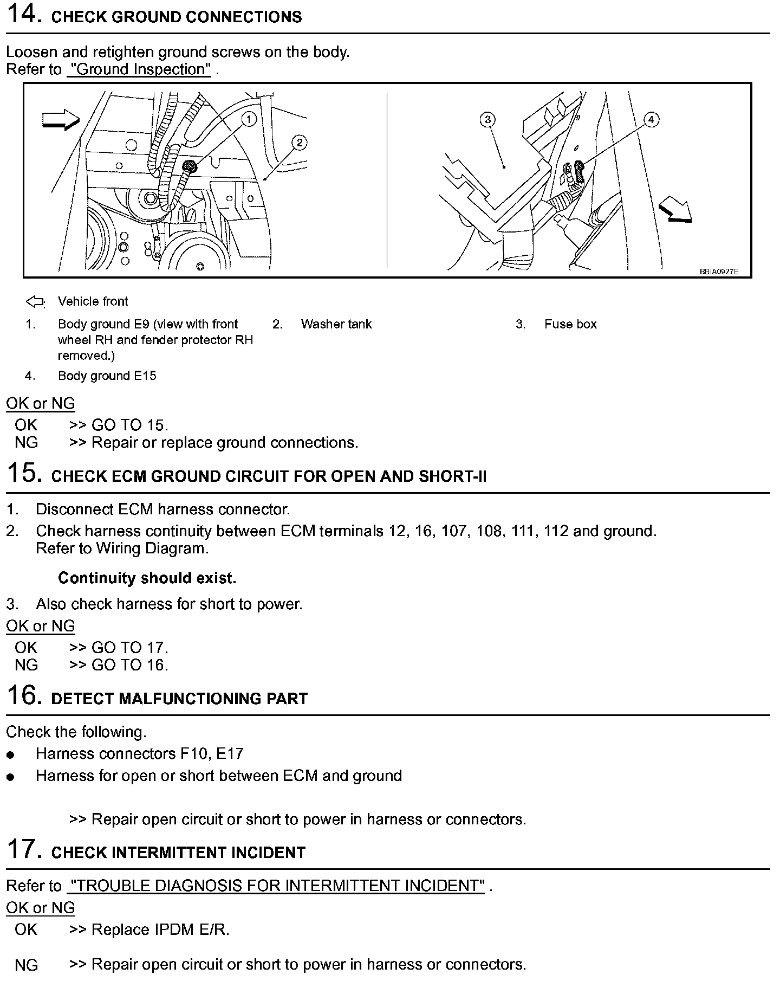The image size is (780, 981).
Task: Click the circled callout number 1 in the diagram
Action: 249,119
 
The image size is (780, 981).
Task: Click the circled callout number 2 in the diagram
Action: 299,143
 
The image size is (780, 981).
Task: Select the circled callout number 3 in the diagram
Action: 487,119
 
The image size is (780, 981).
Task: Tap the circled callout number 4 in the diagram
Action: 651,119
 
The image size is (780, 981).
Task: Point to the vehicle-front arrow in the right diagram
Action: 675,211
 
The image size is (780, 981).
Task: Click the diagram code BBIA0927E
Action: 719,272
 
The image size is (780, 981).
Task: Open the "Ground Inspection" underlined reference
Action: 139,70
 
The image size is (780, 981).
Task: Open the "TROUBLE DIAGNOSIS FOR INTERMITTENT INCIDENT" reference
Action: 276,886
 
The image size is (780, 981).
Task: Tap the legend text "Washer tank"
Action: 336,324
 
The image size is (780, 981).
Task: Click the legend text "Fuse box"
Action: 570,324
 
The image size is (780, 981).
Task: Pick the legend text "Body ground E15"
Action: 107,376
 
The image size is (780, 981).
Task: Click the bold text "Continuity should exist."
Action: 147,578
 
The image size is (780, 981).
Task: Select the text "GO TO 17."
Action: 130,648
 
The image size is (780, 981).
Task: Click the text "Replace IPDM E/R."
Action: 160,930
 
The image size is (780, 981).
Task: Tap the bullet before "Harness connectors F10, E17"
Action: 11,755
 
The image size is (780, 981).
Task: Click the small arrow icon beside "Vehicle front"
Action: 35,302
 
